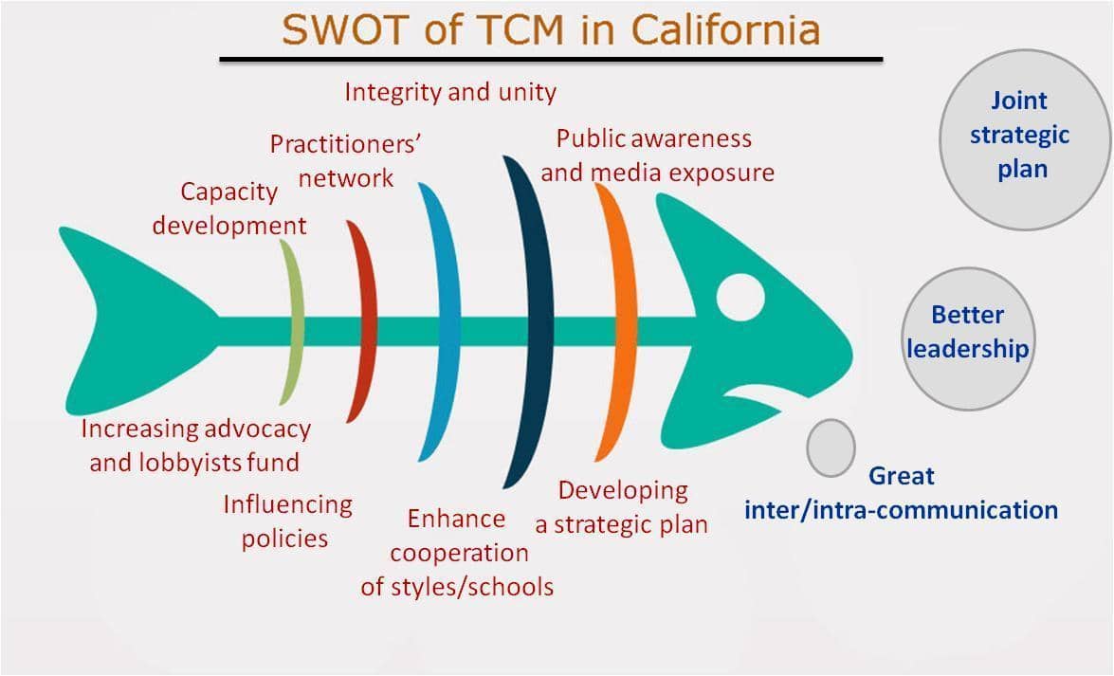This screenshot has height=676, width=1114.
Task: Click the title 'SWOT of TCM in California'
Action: click(x=551, y=29)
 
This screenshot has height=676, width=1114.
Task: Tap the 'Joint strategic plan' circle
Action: click(x=1024, y=139)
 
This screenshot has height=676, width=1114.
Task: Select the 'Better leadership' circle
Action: click(x=968, y=338)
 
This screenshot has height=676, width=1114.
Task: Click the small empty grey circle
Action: click(x=831, y=448)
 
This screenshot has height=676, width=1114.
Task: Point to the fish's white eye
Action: click(x=740, y=297)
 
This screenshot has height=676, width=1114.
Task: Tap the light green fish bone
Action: click(x=293, y=321)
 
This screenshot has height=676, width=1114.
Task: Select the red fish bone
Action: click(x=364, y=321)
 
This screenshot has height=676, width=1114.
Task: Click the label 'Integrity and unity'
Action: click(x=450, y=92)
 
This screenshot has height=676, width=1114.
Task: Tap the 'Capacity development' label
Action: click(x=229, y=209)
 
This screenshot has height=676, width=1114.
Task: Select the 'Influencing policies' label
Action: click(x=287, y=521)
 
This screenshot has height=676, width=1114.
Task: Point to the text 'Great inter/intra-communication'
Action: click(x=901, y=493)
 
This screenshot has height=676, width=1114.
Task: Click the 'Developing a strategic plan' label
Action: click(x=622, y=507)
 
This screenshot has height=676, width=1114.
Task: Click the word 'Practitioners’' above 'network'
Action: click(x=345, y=144)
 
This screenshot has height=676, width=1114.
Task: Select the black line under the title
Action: click(x=551, y=60)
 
